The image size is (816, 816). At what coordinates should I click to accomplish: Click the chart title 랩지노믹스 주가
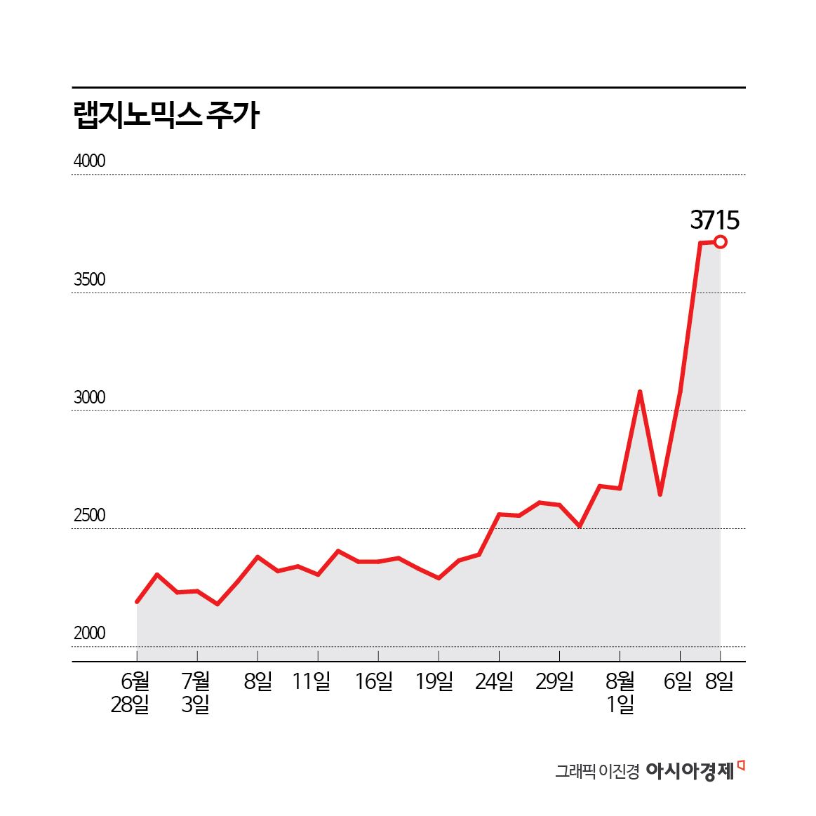[166, 116]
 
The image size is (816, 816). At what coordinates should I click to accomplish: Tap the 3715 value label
[714, 220]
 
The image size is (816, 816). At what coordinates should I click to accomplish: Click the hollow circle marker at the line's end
[720, 242]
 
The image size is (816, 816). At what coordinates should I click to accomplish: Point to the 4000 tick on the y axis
[89, 161]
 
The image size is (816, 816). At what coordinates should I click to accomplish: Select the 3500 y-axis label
[89, 280]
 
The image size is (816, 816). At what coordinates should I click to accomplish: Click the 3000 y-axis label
[89, 398]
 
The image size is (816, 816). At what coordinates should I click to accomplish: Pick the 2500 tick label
[89, 516]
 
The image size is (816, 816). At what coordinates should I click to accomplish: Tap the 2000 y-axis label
[89, 634]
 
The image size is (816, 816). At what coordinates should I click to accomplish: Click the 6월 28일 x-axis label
[131, 693]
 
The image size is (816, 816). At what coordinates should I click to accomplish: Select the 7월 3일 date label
[196, 693]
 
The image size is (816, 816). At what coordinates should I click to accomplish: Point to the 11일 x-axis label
[312, 681]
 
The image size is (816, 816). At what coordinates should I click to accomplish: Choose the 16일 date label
[374, 681]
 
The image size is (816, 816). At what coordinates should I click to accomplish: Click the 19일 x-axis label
[434, 681]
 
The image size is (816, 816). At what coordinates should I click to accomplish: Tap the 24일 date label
[495, 681]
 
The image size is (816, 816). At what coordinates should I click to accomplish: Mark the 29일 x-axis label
[555, 681]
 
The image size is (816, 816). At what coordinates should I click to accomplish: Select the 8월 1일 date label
[620, 693]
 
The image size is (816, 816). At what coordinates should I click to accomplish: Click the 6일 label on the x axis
[678, 681]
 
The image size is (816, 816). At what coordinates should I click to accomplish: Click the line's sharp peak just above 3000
[640, 392]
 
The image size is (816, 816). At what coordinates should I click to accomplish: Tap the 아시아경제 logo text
[690, 771]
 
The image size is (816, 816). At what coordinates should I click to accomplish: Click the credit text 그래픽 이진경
[597, 772]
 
